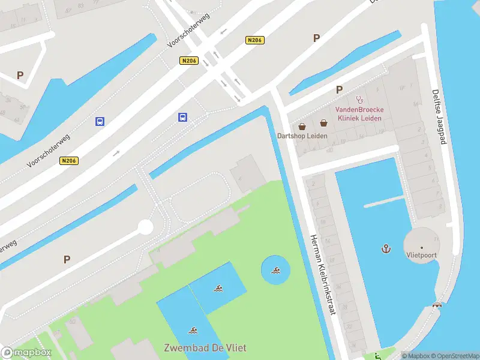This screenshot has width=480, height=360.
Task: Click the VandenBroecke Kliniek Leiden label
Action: [x=359, y=113]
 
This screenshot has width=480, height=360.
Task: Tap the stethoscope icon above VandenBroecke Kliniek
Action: [x=359, y=100]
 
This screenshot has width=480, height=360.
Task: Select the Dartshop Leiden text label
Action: [x=302, y=136]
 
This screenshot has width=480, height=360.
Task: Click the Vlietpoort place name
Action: [x=421, y=255]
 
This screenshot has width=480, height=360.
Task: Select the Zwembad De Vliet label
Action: [x=205, y=347]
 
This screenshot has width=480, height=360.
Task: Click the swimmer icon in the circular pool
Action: [x=275, y=271]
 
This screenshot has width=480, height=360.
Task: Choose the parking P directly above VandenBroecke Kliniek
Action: [x=339, y=89]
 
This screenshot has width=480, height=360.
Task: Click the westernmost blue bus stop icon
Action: [x=100, y=121]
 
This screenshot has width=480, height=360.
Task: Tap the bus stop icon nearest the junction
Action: [x=182, y=117]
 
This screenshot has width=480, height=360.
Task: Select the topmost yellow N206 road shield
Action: [x=255, y=40]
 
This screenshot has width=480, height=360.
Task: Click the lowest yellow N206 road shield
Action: [x=68, y=160]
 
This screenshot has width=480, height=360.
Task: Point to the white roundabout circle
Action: [x=145, y=227]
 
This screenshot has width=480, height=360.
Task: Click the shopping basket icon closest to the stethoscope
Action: [x=324, y=123]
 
